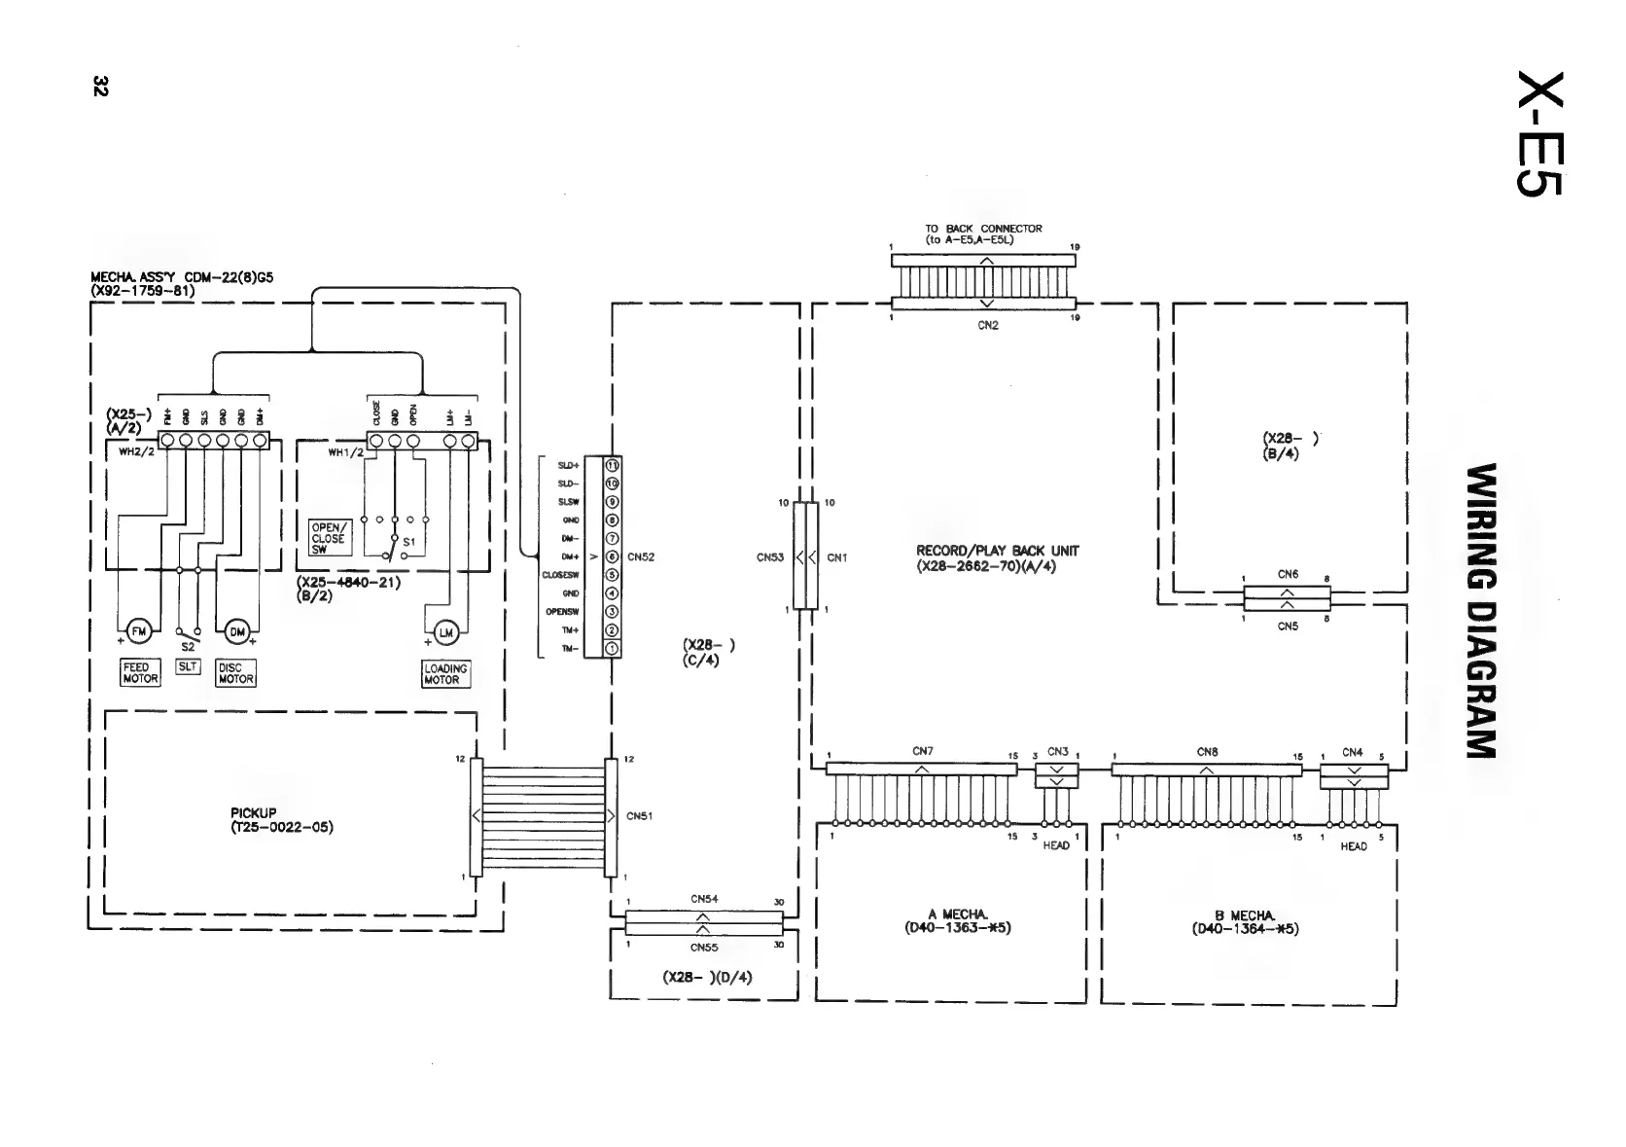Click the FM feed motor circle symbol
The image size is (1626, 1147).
pyautogui.click(x=139, y=632)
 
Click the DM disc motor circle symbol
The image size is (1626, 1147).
pyautogui.click(x=236, y=632)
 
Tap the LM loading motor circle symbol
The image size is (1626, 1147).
pyautogui.click(x=446, y=633)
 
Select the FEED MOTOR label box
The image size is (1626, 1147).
pyautogui.click(x=140, y=673)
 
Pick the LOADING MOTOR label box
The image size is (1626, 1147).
pyautogui.click(x=446, y=674)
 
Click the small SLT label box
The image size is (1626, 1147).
pyautogui.click(x=188, y=667)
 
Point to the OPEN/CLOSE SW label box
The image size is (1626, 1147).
pyautogui.click(x=328, y=538)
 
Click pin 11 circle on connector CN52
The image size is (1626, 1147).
pyautogui.click(x=613, y=465)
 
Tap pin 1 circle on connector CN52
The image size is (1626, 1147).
pyautogui.click(x=613, y=649)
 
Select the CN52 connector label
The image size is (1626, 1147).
pyautogui.click(x=641, y=557)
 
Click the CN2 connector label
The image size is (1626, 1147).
pyautogui.click(x=987, y=326)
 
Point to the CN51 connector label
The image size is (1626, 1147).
pyautogui.click(x=640, y=816)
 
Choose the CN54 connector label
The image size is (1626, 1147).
pyautogui.click(x=704, y=900)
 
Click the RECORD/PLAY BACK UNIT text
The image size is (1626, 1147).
pyautogui.click(x=997, y=557)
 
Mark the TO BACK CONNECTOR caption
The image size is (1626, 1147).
pyautogui.click(x=983, y=233)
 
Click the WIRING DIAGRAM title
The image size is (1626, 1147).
pyautogui.click(x=1480, y=610)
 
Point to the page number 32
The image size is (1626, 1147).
pyautogui.click(x=99, y=86)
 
